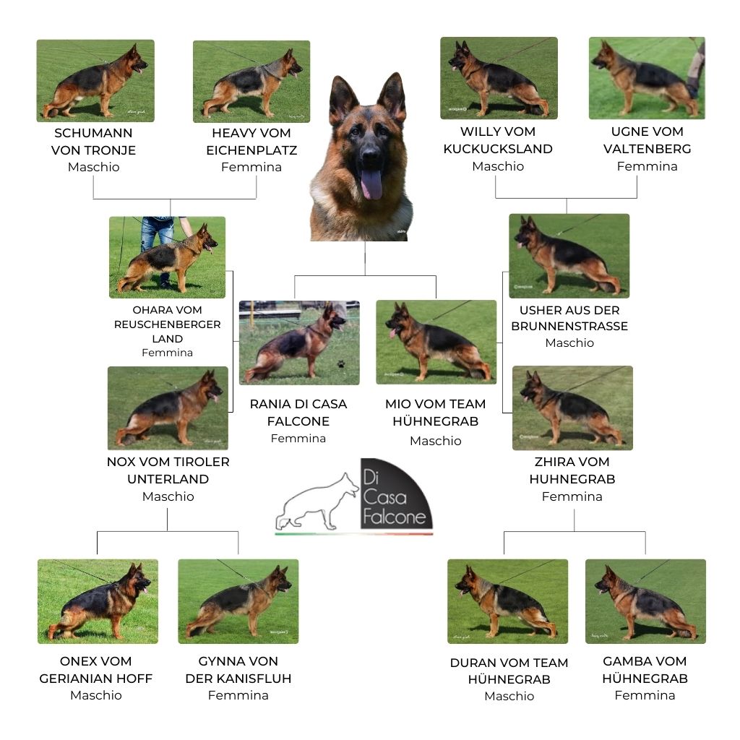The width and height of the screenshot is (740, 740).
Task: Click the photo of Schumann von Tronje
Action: coord(95,81)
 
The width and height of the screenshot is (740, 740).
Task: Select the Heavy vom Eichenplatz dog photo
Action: coord(251,82)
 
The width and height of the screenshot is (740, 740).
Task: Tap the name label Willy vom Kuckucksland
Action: coord(498,140)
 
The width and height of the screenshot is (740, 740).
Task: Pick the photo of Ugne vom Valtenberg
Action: coord(647,78)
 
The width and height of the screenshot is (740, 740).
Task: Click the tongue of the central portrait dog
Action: coord(372,184)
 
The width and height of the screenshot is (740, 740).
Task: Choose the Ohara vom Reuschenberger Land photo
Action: coord(167,257)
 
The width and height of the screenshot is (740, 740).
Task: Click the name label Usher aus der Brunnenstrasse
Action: coord(569,318)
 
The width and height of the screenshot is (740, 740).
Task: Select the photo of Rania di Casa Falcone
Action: coord(299,343)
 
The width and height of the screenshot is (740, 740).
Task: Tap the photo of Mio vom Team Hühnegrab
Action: coord(436,342)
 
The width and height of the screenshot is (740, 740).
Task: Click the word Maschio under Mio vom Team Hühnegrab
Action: coord(436,441)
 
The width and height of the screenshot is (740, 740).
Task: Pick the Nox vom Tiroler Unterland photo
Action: coord(168,408)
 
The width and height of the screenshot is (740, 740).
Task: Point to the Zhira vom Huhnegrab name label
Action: coord(572,470)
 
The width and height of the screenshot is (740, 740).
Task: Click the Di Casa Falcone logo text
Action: coord(395,497)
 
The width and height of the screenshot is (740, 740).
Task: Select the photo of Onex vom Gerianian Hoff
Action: coord(98,602)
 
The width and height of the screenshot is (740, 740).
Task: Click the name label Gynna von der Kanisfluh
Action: coord(238,670)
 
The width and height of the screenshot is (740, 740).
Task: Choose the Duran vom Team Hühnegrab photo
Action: coord(508,602)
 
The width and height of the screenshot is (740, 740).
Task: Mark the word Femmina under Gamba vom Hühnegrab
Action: coord(645,695)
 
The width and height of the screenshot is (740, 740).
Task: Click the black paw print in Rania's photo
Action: coord(341,364)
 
